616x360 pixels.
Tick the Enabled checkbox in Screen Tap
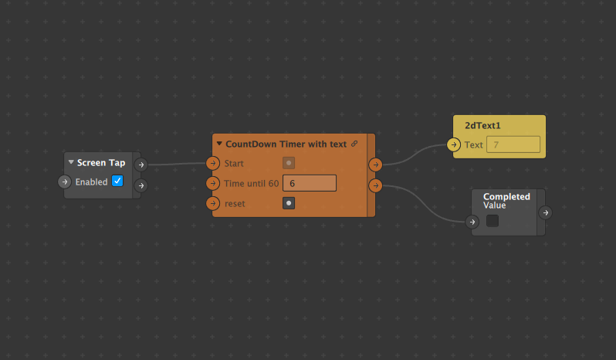point(117,181)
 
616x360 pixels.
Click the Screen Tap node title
point(101,163)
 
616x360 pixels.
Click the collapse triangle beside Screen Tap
point(71,162)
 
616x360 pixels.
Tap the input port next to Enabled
point(65,182)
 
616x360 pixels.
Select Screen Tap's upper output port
point(141,165)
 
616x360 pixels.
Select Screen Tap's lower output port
point(141,185)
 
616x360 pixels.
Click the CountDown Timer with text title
point(286,144)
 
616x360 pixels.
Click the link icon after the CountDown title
point(354,144)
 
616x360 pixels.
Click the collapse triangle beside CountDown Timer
point(219,144)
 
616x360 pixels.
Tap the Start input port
point(213,163)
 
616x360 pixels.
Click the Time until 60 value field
point(310,183)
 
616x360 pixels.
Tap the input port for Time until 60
point(213,183)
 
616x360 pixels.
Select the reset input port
point(213,203)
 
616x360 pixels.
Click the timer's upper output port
point(376,165)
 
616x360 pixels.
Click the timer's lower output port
point(376,185)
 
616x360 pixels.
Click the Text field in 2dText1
point(513,144)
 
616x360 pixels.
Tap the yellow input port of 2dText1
point(453,144)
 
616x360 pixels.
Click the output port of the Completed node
point(546,212)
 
